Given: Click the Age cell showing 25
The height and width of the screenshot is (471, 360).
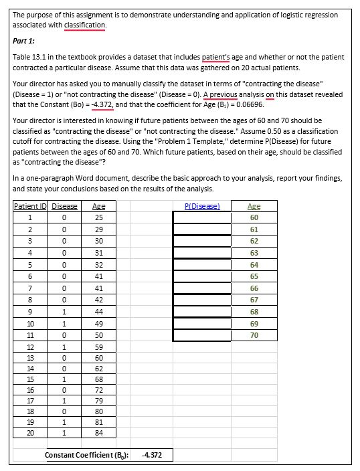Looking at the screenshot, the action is pyautogui.click(x=98, y=217).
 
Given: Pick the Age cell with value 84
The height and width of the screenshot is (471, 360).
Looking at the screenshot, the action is pyautogui.click(x=98, y=434).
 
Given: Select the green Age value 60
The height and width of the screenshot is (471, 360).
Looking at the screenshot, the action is pyautogui.click(x=254, y=217).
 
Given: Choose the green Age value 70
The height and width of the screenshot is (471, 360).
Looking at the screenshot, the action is pyautogui.click(x=254, y=335).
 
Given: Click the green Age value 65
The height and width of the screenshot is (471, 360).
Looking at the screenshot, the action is pyautogui.click(x=254, y=276).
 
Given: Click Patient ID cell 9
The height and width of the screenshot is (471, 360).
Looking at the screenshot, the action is pyautogui.click(x=29, y=311).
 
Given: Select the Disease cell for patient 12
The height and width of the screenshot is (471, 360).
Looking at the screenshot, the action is pyautogui.click(x=64, y=347).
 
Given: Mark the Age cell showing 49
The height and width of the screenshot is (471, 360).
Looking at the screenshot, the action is pyautogui.click(x=98, y=322).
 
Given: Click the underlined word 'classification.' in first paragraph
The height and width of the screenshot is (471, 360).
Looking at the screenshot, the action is pyautogui.click(x=86, y=25).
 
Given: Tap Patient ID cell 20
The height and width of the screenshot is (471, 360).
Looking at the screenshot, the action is pyautogui.click(x=29, y=434).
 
